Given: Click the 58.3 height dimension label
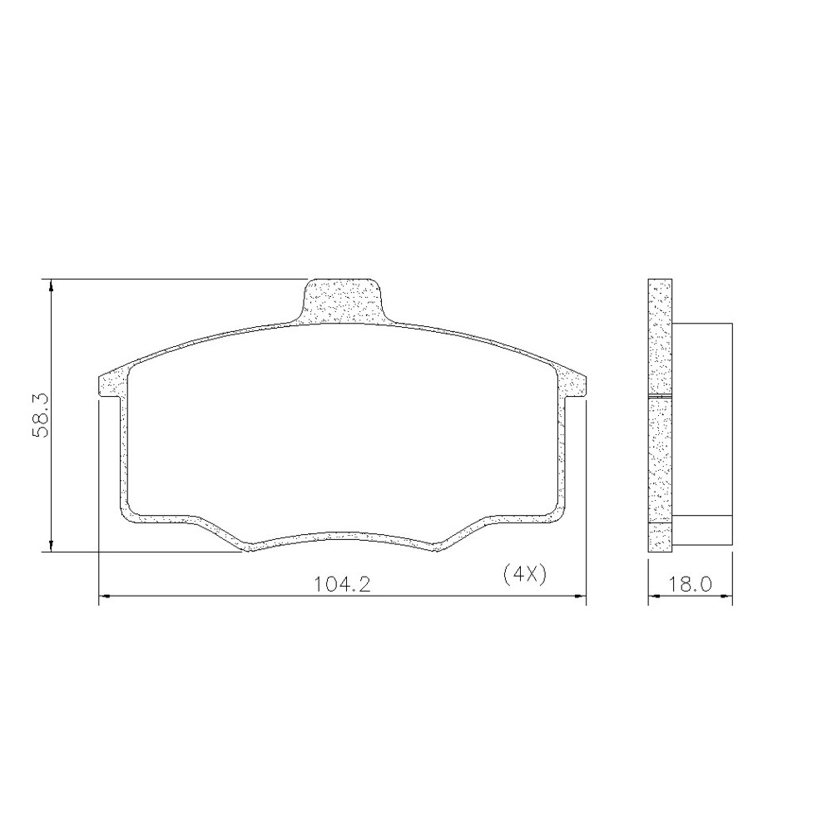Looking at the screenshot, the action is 40,415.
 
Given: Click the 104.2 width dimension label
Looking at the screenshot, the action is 342,585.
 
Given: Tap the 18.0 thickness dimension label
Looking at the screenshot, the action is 689,585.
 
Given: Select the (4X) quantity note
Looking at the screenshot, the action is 524,574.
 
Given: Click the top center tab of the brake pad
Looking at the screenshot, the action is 342,301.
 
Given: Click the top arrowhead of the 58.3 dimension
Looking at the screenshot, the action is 51,285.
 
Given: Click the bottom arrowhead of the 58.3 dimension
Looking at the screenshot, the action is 51,546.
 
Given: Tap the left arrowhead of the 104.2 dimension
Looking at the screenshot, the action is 105,597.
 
